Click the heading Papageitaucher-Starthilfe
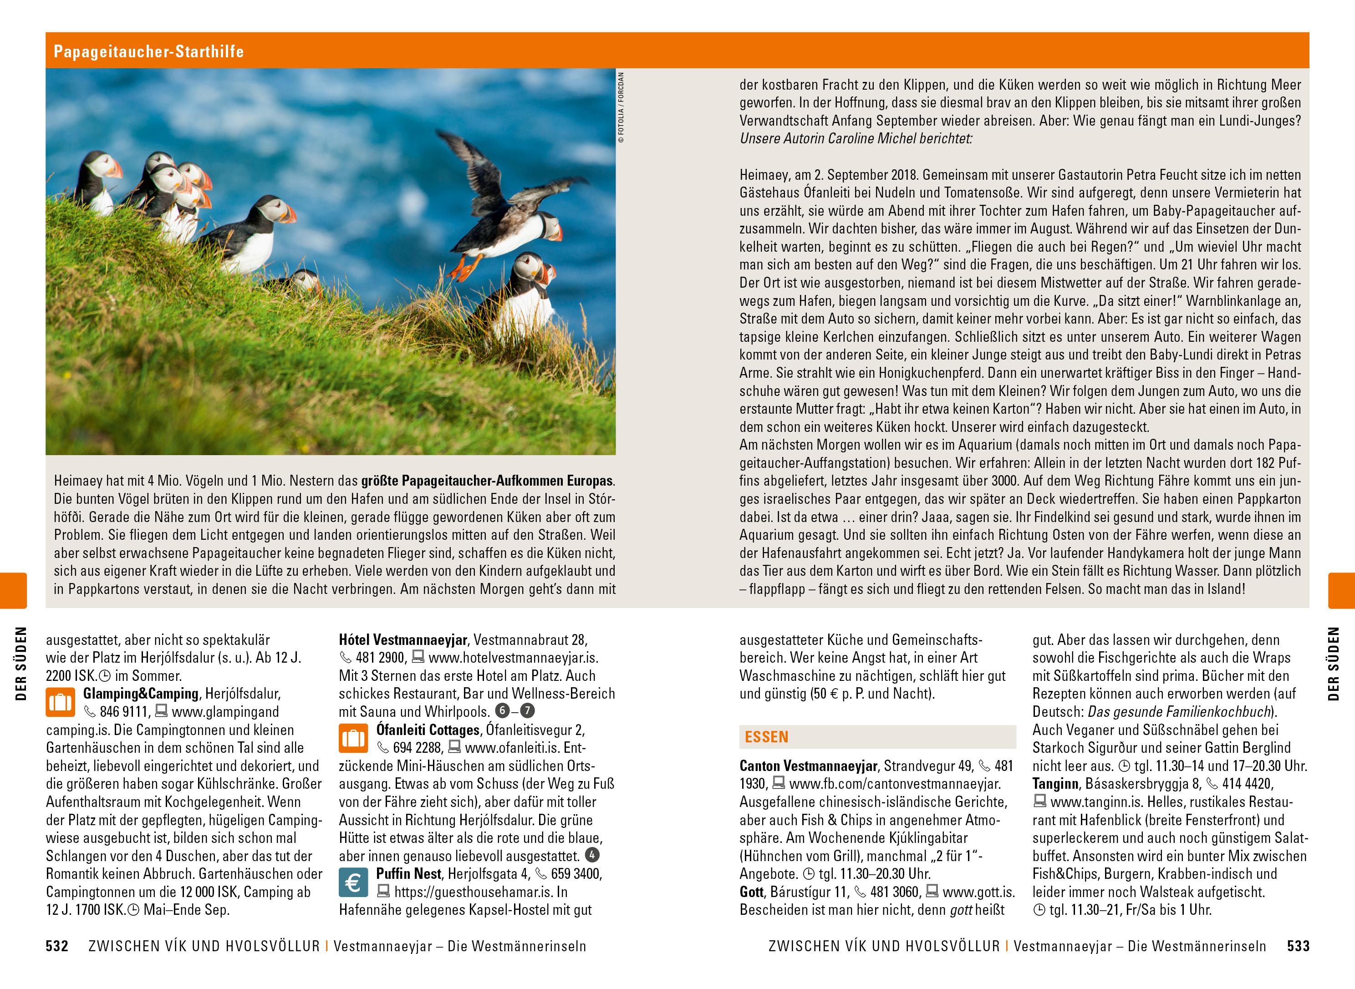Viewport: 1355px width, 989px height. click(x=148, y=51)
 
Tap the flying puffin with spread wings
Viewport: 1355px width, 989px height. click(x=503, y=203)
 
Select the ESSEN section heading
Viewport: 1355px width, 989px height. click(x=766, y=737)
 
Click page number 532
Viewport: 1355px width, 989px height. click(x=57, y=947)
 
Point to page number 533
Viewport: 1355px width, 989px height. click(x=1298, y=947)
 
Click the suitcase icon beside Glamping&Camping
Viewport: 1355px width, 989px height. click(x=61, y=702)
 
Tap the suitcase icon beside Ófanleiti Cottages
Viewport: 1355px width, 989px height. click(x=353, y=738)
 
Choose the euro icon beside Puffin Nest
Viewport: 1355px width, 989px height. click(x=353, y=882)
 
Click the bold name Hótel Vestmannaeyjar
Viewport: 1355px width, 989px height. click(x=403, y=640)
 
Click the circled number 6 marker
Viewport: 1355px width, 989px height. click(x=502, y=711)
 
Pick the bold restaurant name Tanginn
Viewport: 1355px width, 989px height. click(x=1054, y=784)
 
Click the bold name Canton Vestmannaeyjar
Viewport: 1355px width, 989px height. click(x=808, y=766)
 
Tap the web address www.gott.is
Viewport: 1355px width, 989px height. click(x=978, y=892)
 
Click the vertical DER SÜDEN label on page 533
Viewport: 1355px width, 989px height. click(x=1333, y=663)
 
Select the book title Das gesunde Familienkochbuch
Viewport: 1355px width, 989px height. click(x=1179, y=712)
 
